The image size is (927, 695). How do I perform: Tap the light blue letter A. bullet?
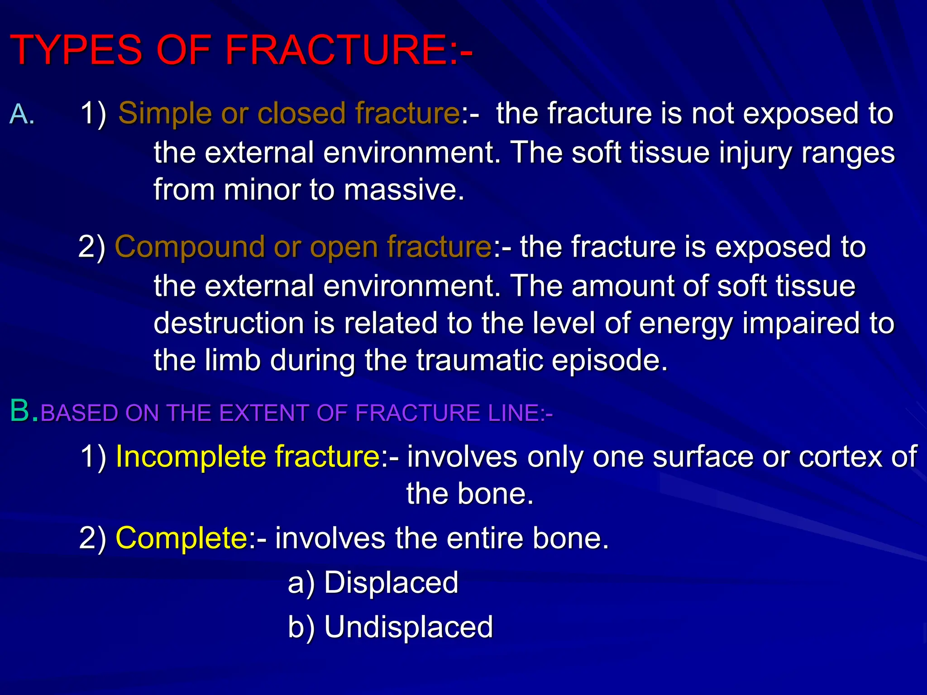click(x=22, y=114)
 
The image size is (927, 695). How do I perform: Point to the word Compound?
click(x=190, y=247)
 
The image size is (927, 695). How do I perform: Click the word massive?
click(x=404, y=190)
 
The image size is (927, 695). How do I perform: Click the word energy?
click(x=686, y=324)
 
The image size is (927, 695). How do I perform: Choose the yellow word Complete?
click(x=182, y=538)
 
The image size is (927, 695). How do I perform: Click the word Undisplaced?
click(x=408, y=627)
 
